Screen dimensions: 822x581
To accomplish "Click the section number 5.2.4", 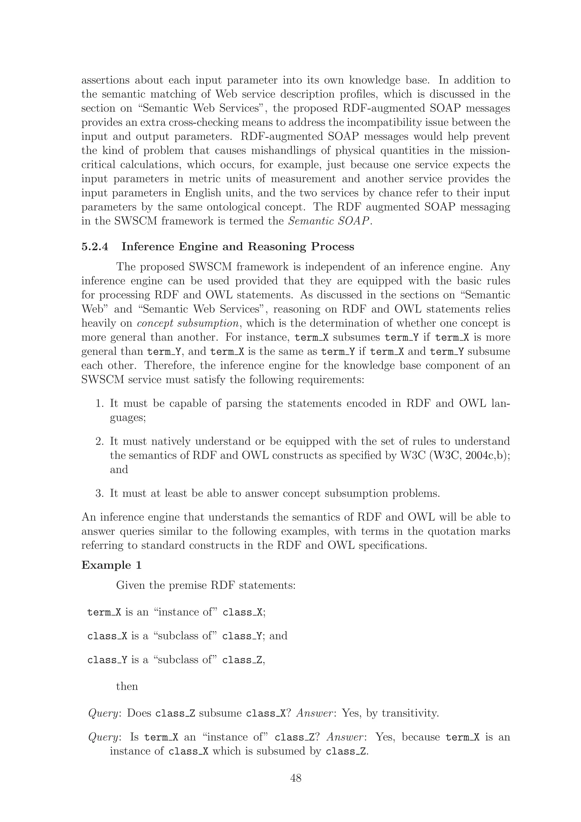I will click(x=95, y=247).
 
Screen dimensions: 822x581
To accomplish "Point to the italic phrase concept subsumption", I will click(x=188, y=323).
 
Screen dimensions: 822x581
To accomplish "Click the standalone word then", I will click(x=127, y=686).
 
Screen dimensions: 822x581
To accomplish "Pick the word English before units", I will click(x=203, y=193).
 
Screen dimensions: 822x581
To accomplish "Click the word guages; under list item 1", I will click(x=127, y=418).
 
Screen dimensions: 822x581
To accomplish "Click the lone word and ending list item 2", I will click(x=119, y=469).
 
